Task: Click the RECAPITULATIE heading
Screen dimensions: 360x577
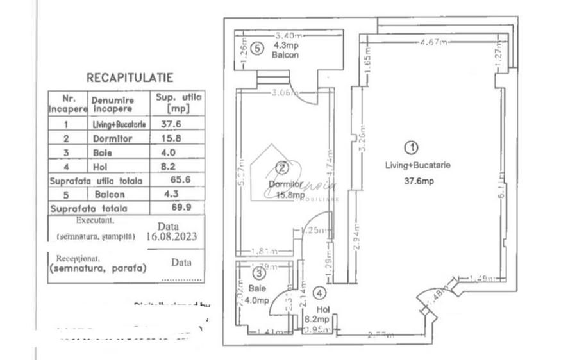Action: pyautogui.click(x=130, y=78)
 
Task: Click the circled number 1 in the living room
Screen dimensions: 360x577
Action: pyautogui.click(x=414, y=147)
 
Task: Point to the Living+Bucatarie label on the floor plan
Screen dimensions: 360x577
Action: pyautogui.click(x=417, y=165)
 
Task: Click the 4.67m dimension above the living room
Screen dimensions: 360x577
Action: pyautogui.click(x=433, y=43)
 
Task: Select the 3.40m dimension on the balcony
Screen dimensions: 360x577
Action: pyautogui.click(x=288, y=36)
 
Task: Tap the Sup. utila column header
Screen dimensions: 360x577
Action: pyautogui.click(x=178, y=102)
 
